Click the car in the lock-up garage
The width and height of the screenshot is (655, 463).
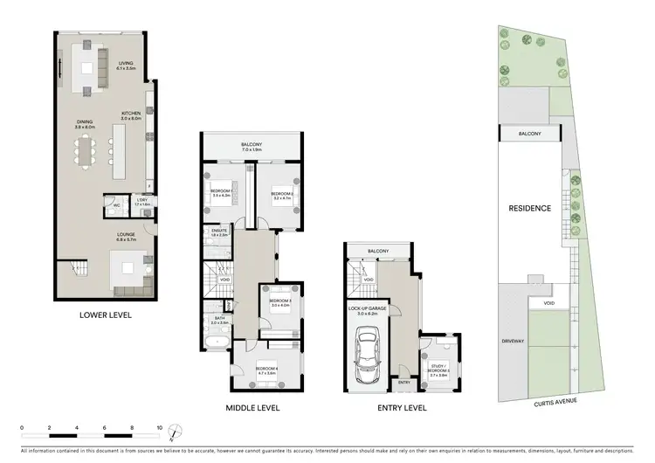coord(368,355)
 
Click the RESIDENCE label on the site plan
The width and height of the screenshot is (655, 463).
coord(530,208)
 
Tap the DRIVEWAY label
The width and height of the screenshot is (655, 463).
coord(512,341)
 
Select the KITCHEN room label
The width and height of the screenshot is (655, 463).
coord(132,114)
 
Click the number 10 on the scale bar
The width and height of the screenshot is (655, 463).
coord(160,426)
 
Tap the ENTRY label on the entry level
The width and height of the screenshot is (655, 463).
coord(403,382)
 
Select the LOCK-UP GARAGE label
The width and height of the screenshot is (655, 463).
coord(368,308)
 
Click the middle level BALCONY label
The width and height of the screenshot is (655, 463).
coord(252,144)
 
